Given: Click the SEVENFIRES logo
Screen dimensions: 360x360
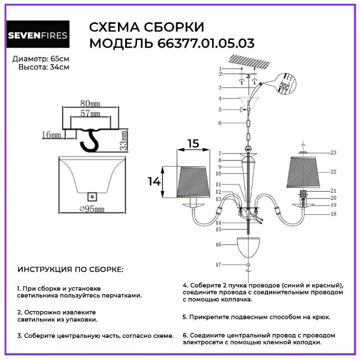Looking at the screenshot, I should (x=38, y=37).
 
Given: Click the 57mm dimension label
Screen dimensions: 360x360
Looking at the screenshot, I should (x=90, y=114).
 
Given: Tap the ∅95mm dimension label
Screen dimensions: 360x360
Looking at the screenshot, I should (x=92, y=209).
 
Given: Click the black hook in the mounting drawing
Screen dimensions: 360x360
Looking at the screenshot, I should (x=89, y=141).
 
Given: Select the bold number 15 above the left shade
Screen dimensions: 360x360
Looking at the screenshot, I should (x=192, y=143).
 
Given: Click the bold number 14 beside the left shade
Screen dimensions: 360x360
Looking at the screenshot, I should (x=154, y=181).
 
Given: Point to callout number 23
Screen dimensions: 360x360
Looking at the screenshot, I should (x=333, y=152).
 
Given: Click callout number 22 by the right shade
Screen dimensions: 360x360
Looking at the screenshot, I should (x=333, y=172).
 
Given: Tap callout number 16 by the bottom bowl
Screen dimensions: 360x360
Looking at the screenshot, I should (x=219, y=244).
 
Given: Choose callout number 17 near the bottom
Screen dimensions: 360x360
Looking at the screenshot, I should (x=219, y=264).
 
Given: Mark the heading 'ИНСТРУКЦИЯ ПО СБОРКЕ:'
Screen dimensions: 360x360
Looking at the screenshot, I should (x=71, y=270).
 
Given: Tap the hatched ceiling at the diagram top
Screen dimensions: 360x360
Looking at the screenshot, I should (x=255, y=63).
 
